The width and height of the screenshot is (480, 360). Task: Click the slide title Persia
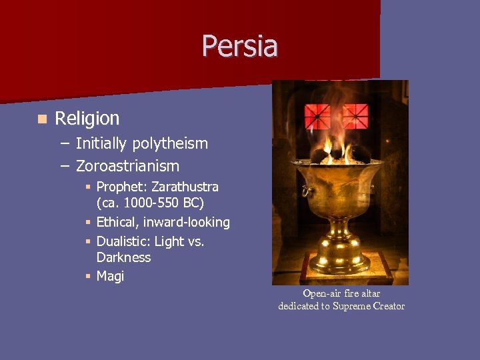(x=240, y=46)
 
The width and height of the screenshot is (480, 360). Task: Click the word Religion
(x=87, y=119)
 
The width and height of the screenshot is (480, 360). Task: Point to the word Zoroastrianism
(x=127, y=165)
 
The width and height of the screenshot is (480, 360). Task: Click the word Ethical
(x=117, y=222)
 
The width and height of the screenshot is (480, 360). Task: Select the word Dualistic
(x=123, y=241)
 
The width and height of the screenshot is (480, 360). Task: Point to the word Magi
(x=110, y=275)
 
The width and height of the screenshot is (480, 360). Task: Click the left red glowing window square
(x=318, y=116)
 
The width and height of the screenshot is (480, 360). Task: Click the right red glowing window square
(x=355, y=116)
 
